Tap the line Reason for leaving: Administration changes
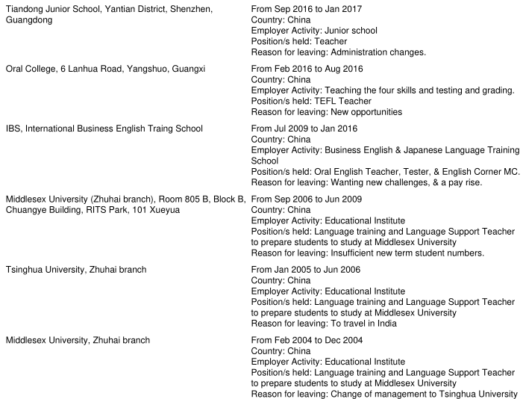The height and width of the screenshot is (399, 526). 339,52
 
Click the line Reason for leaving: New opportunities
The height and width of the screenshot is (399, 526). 327,112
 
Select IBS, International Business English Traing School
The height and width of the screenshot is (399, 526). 104,129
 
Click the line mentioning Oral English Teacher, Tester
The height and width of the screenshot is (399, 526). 385,171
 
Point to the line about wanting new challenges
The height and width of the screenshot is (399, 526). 366,182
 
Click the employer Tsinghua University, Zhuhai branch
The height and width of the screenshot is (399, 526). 75,269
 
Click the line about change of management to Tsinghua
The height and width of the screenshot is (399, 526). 383,394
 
